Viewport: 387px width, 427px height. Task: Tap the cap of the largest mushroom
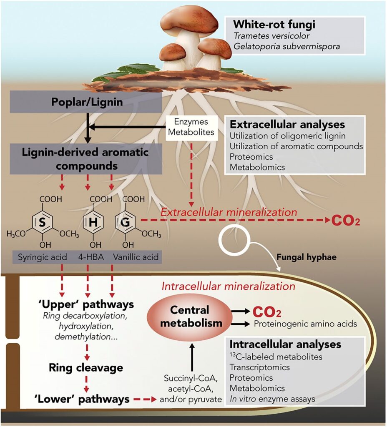pyautogui.click(x=189, y=20)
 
